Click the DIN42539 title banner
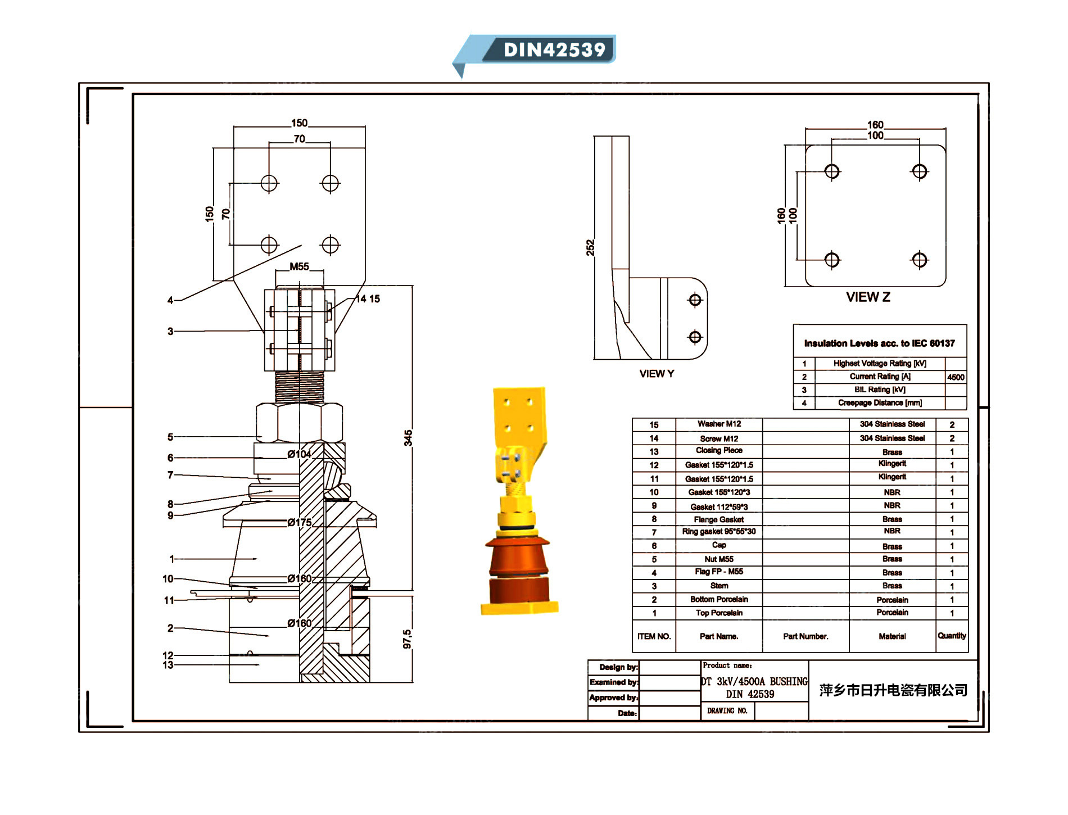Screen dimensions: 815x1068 [554, 49]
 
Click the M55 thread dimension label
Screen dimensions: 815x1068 [299, 266]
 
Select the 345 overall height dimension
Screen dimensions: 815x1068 [408, 438]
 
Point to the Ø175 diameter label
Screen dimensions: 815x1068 [299, 522]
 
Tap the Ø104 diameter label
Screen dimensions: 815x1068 [299, 454]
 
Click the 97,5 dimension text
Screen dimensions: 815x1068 [408, 639]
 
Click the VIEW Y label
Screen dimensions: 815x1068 [657, 374]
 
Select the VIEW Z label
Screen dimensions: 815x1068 [868, 297]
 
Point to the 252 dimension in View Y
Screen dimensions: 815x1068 [590, 247]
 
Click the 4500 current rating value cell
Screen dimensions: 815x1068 [956, 377]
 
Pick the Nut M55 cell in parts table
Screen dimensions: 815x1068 [719, 559]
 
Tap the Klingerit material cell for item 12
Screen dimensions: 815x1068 [892, 464]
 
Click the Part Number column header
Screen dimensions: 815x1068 [805, 636]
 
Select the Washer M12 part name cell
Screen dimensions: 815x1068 [719, 424]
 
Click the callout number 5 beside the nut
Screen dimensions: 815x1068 [170, 437]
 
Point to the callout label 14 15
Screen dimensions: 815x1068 [368, 299]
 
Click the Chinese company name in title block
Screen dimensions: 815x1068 [893, 690]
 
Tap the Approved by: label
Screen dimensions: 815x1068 [614, 698]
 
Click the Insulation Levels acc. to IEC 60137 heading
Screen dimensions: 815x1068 [879, 343]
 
